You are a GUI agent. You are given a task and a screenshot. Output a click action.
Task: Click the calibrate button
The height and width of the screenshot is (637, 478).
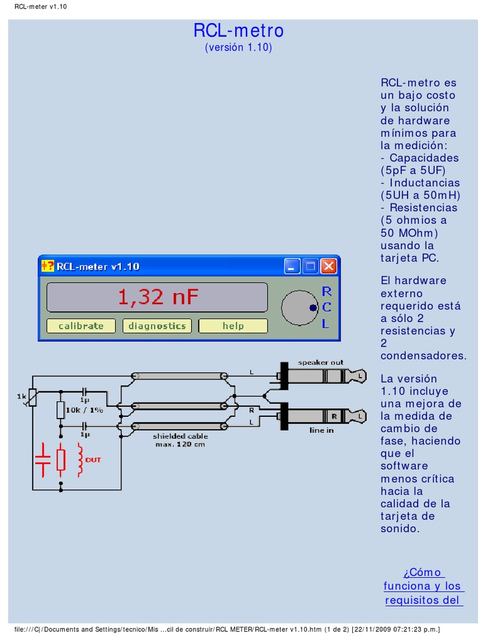click(81, 326)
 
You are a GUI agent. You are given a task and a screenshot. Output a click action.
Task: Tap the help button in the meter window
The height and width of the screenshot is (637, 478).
click(233, 326)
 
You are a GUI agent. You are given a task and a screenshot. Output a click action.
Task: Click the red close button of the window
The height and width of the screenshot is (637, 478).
click(329, 267)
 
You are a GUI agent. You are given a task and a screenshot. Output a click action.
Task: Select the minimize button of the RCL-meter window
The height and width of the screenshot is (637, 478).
click(293, 267)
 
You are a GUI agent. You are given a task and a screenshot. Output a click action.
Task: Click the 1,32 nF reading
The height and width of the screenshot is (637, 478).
click(157, 297)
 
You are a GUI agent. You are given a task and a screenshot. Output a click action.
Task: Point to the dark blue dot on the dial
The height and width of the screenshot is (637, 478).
click(313, 307)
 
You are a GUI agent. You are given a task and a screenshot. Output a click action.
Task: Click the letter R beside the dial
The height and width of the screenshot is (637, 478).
click(326, 291)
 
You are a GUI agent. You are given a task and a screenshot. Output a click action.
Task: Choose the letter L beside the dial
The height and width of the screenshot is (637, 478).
click(326, 323)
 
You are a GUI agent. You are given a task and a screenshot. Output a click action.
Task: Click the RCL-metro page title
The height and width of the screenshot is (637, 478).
click(238, 30)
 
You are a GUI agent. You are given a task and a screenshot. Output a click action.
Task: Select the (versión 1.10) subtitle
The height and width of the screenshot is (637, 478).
click(238, 48)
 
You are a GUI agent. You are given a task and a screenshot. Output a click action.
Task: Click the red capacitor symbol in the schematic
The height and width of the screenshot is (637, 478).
click(42, 460)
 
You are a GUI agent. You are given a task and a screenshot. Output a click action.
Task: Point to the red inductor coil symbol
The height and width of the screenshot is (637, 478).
click(80, 461)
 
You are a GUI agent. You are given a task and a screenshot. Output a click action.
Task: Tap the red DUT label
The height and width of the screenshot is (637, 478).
click(93, 460)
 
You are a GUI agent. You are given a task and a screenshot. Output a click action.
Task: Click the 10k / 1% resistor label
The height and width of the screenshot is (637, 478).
click(85, 410)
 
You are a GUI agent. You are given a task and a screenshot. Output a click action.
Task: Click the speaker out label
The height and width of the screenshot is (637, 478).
click(320, 362)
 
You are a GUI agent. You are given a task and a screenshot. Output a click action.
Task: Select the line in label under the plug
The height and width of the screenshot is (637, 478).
click(321, 430)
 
